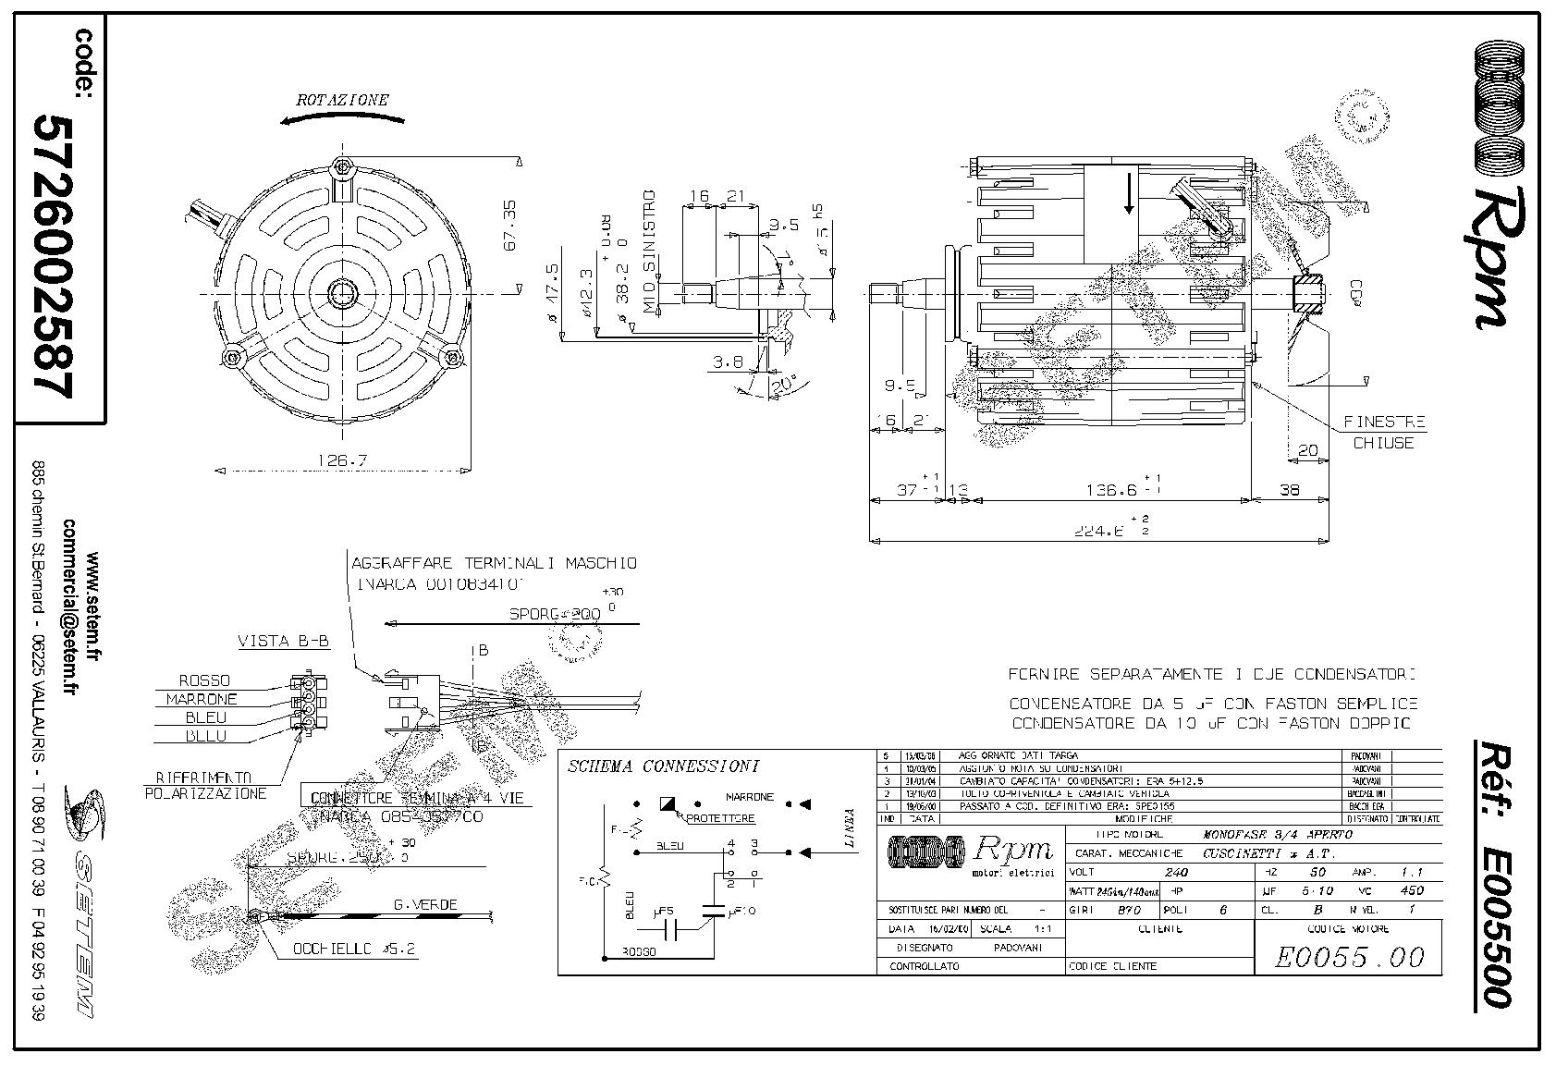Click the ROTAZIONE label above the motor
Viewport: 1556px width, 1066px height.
click(x=342, y=99)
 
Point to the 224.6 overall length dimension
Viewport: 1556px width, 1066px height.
click(x=1104, y=531)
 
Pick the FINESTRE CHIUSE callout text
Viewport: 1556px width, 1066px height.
click(x=1383, y=432)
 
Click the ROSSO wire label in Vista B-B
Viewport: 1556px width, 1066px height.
click(x=204, y=680)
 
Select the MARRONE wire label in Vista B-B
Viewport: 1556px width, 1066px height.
click(x=202, y=699)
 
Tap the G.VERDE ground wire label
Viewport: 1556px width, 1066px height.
click(x=424, y=904)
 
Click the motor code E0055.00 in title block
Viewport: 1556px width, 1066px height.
click(x=1349, y=957)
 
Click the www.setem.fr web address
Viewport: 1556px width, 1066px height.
click(x=92, y=607)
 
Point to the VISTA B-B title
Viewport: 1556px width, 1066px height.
click(x=284, y=641)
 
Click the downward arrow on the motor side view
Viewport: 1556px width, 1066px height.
click(x=1129, y=196)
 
